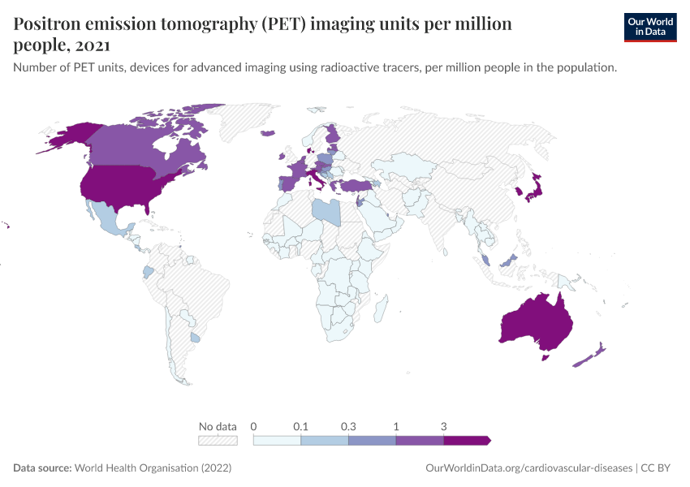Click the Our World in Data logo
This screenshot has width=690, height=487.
pos(649,27)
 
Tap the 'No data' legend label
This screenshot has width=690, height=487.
pos(218,426)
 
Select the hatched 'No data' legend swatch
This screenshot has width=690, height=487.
pos(218,440)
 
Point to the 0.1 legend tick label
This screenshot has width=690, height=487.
pos(301,426)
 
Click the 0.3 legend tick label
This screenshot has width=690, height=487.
pos(348,426)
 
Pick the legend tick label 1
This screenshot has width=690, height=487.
pos(396,426)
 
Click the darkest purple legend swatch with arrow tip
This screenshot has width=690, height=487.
pos(467,440)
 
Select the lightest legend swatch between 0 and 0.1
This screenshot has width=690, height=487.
pos(277,440)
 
